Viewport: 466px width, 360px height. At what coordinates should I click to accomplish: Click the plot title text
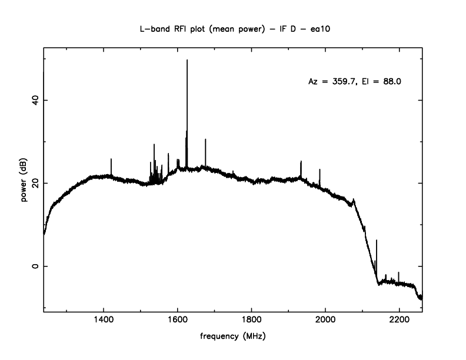[x=233, y=29]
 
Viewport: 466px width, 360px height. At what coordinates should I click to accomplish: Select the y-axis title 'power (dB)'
[x=25, y=183]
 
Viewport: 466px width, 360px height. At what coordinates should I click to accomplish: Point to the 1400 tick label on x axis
[x=104, y=321]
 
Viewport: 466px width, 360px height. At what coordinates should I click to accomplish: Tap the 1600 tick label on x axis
[x=178, y=321]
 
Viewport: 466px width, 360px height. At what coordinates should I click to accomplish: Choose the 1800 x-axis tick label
[x=251, y=321]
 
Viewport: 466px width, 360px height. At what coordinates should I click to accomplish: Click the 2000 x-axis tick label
[x=325, y=321]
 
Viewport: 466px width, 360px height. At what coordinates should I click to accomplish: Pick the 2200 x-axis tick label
[x=399, y=321]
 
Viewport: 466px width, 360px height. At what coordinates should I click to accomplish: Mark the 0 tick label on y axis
[x=33, y=266]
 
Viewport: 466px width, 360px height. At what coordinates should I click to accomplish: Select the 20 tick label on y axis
[x=33, y=183]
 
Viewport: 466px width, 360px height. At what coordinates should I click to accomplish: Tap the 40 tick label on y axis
[x=33, y=100]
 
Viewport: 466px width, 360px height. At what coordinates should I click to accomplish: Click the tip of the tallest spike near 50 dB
[x=187, y=60]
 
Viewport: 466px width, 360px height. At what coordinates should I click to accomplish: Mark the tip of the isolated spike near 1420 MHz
[x=111, y=159]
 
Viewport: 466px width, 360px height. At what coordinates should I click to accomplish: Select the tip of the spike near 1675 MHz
[x=205, y=139]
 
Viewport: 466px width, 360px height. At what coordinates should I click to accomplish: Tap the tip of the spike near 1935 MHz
[x=301, y=161]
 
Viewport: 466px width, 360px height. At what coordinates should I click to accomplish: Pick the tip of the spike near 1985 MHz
[x=319, y=169]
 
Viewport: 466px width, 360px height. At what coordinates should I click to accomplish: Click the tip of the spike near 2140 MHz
[x=377, y=240]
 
